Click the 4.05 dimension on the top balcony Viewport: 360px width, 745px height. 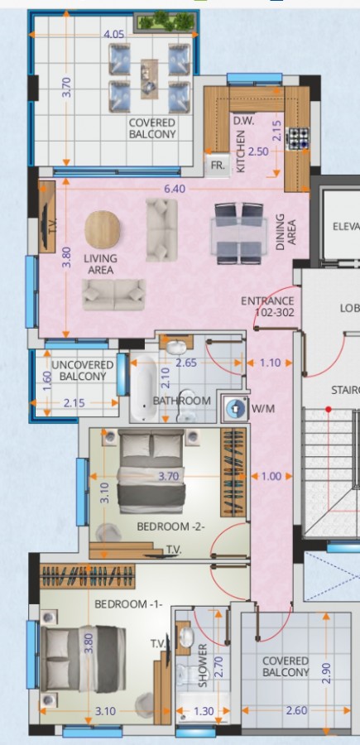click(114, 35)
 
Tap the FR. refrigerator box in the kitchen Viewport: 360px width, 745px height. click(218, 165)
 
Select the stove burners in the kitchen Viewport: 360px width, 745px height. click(298, 138)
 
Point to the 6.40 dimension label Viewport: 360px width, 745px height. click(174, 189)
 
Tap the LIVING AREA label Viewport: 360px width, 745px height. click(101, 264)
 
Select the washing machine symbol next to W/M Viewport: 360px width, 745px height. click(236, 407)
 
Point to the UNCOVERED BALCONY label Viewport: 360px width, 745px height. click(83, 370)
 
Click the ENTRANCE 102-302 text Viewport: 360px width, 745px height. click(267, 307)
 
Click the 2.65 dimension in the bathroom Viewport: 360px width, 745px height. click(187, 362)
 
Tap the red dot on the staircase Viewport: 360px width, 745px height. click(329, 410)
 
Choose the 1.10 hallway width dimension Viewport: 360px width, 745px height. click(270, 362)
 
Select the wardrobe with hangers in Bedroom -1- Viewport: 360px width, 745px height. click(89, 574)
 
